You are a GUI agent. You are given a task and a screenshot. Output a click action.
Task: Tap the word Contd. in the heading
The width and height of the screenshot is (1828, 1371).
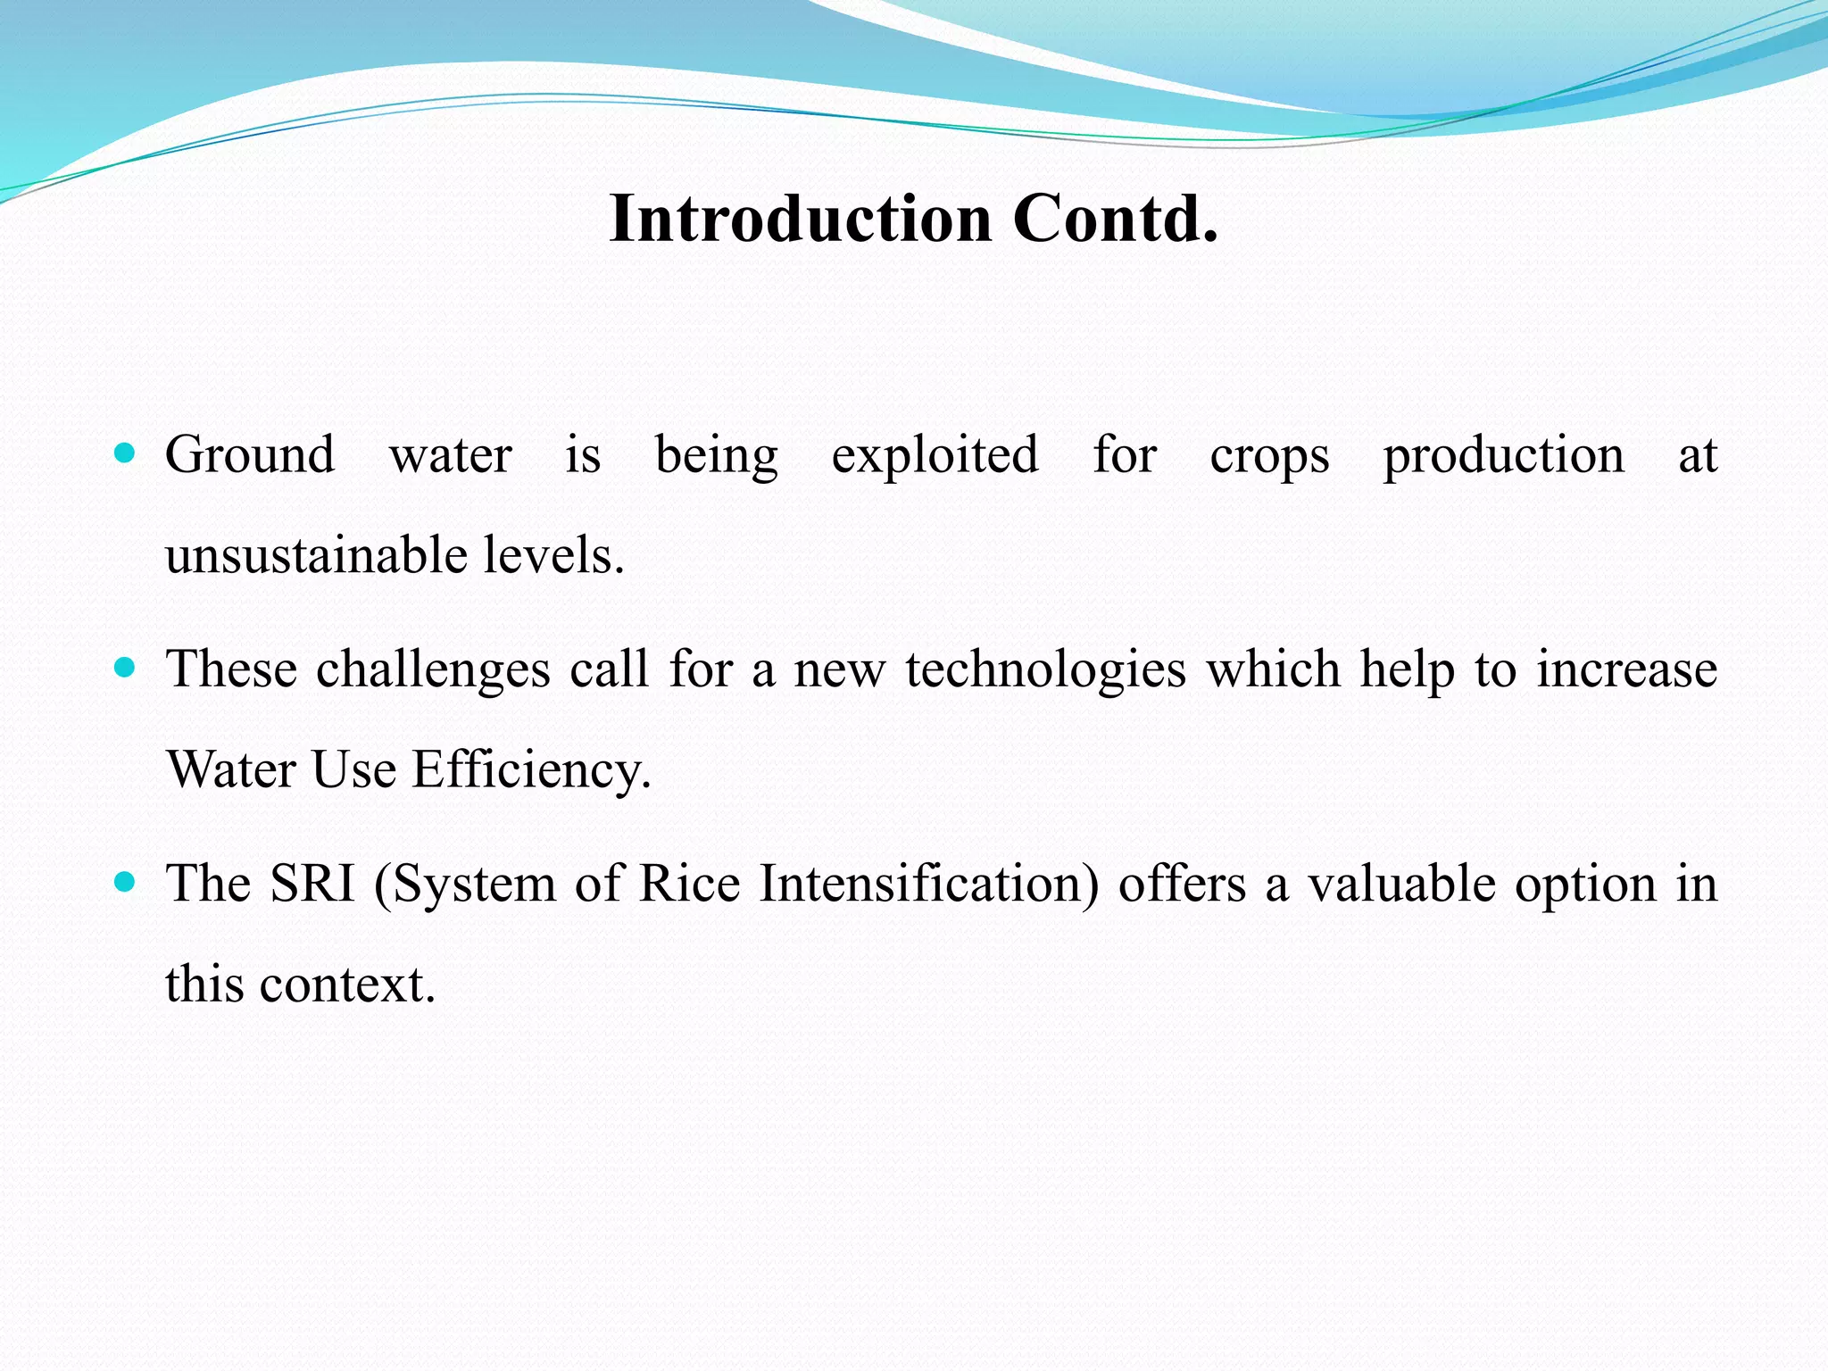point(1115,219)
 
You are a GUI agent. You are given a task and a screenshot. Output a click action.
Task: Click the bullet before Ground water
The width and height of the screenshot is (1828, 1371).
point(125,453)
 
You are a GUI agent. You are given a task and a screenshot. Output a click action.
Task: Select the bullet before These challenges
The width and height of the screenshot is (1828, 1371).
point(125,668)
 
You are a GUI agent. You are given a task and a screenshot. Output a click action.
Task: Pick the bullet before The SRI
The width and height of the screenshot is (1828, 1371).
point(125,883)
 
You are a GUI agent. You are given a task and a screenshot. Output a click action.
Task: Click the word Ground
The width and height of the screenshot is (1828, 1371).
point(250,455)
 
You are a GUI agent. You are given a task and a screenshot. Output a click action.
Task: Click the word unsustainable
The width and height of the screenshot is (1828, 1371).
point(316,555)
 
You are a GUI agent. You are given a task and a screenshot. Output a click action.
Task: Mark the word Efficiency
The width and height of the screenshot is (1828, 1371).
point(531,770)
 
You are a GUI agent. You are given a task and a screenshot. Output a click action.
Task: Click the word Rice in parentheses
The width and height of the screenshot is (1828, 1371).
point(690,884)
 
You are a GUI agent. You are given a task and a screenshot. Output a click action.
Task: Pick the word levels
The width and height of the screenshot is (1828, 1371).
point(553,555)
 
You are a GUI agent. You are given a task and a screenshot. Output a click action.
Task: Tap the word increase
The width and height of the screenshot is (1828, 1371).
point(1626,669)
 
